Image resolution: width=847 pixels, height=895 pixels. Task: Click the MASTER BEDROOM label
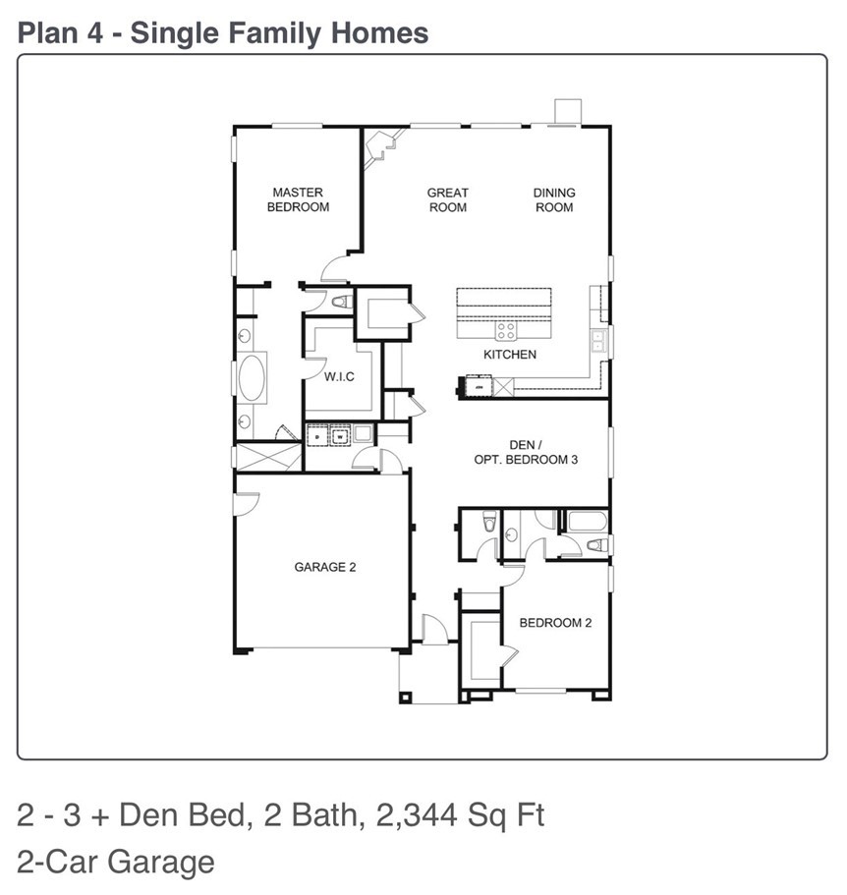coord(298,199)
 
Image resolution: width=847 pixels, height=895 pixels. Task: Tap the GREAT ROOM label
coord(448,200)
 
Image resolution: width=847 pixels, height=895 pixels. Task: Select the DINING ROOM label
coord(554,200)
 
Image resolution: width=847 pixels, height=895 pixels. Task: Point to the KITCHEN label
coord(510,355)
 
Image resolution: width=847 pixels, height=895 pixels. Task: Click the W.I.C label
coord(339,376)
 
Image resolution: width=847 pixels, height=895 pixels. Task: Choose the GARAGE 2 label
coord(325,567)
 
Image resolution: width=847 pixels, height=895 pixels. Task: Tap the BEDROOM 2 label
coord(555,623)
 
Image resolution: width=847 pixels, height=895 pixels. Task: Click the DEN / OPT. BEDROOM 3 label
coord(526,452)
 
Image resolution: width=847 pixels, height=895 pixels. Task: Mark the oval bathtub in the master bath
coord(252,378)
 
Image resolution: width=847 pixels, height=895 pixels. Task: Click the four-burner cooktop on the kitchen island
coord(506,330)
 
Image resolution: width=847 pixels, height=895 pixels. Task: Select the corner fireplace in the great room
coord(381,147)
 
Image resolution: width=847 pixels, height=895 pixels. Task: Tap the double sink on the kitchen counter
coord(598,341)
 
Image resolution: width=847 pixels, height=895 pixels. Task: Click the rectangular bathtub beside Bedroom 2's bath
coord(587,522)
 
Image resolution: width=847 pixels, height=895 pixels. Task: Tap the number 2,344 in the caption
coord(417,815)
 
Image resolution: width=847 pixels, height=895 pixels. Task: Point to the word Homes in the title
coord(379,32)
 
